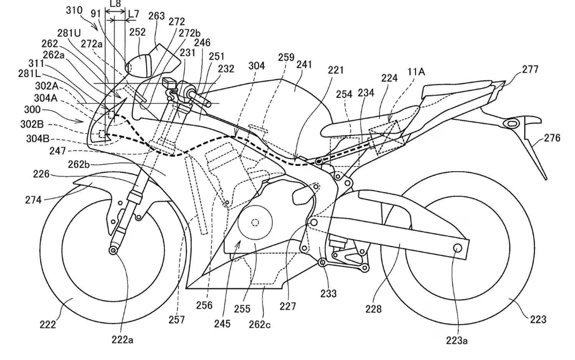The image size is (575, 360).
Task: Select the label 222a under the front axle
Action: point(123,340)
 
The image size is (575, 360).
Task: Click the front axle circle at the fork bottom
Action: point(114,250)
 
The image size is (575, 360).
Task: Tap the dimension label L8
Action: point(114,4)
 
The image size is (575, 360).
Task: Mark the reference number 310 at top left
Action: point(74,10)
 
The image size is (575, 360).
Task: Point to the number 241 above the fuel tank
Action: point(305,63)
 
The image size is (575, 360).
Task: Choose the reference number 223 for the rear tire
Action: point(538,319)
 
